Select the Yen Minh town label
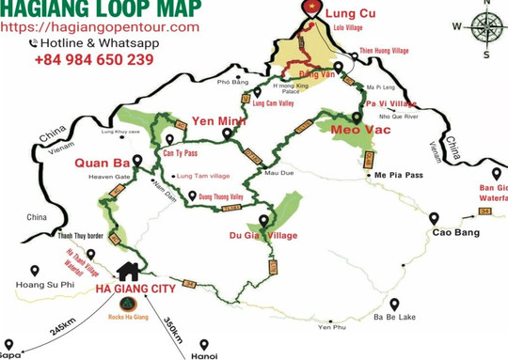pyautogui.click(x=214, y=121)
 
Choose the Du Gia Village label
pyautogui.click(x=262, y=235)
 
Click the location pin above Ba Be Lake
pyautogui.click(x=395, y=305)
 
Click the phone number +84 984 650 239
pyautogui.click(x=94, y=59)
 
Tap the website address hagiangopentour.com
pyautogui.click(x=101, y=27)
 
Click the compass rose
pyautogui.click(x=485, y=24)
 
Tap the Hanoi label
pyautogui.click(x=204, y=355)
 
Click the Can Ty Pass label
pyautogui.click(x=179, y=151)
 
